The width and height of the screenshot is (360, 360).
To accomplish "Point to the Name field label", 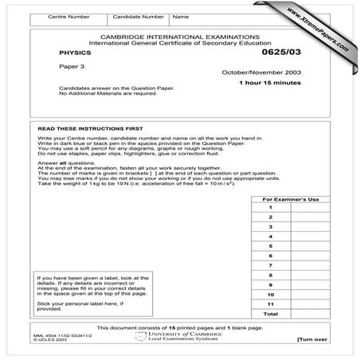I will point(181,16).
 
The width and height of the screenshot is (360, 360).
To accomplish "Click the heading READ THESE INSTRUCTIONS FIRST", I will point(84,127).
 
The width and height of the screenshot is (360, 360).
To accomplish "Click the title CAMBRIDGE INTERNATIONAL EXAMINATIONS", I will point(181,37).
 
